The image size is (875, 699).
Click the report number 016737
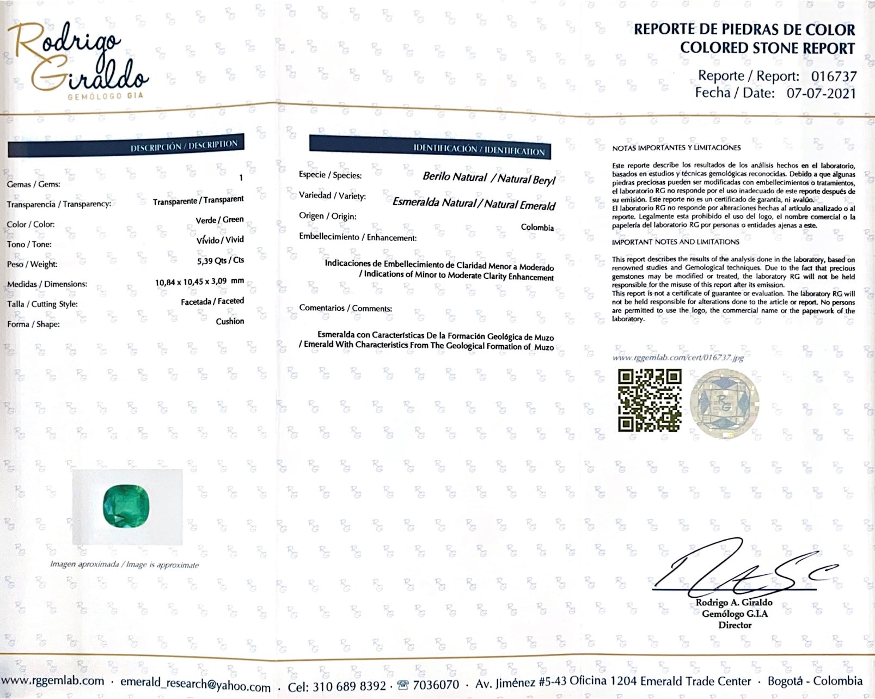[x=834, y=76]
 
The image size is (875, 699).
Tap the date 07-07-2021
[x=821, y=93]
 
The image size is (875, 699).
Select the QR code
[x=650, y=400]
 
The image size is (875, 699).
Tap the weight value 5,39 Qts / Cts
[x=220, y=261]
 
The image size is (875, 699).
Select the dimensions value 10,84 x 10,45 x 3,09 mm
[x=199, y=282]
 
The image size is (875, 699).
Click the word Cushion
[x=230, y=321]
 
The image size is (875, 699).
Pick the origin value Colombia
[x=537, y=228]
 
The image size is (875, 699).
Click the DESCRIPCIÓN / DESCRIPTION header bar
[x=126, y=146]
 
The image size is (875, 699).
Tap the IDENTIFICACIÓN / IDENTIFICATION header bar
[x=430, y=147]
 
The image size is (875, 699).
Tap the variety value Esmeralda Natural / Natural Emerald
[x=473, y=204]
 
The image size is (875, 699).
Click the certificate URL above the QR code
[x=677, y=358]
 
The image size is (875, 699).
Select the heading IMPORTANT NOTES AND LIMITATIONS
[x=675, y=242]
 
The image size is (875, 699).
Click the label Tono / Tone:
[x=29, y=244]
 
